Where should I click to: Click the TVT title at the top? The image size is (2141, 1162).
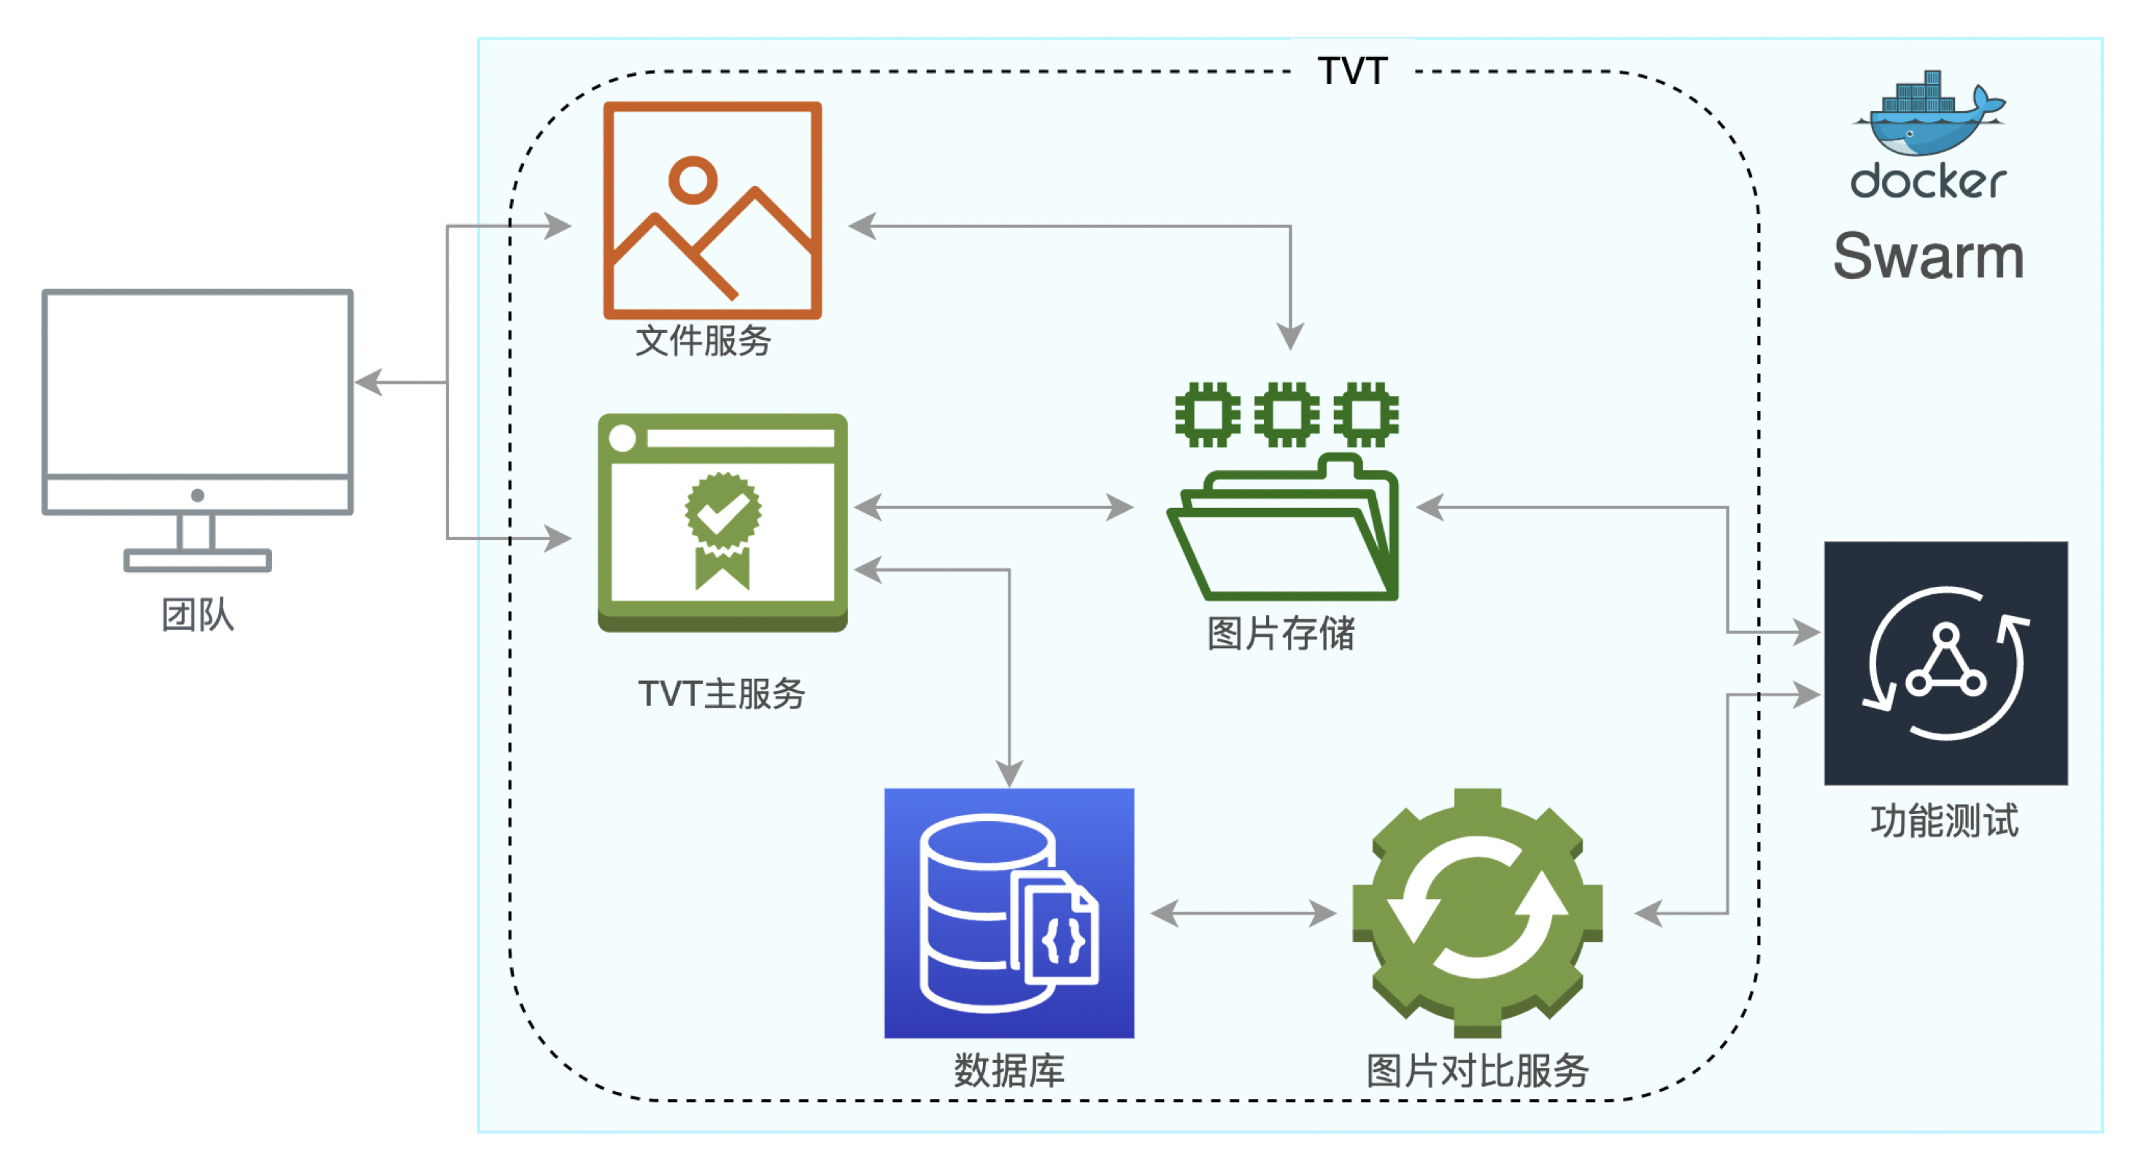click(x=1352, y=72)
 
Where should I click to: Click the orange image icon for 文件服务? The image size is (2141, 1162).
click(x=712, y=210)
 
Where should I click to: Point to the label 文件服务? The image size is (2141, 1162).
click(x=703, y=341)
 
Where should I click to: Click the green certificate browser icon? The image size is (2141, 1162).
click(x=722, y=522)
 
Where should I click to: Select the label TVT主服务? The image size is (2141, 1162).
click(x=722, y=693)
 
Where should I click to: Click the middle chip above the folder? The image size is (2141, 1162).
click(x=1286, y=414)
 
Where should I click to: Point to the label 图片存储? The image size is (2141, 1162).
click(x=1281, y=634)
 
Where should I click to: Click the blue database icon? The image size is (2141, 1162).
click(x=1009, y=912)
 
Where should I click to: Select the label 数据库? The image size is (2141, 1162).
click(x=1009, y=1071)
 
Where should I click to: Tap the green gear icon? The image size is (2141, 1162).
click(x=1477, y=912)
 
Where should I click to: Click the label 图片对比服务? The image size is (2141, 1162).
click(x=1477, y=1071)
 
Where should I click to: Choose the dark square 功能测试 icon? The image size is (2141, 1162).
click(x=1945, y=663)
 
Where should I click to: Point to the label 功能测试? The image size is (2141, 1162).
click(x=1944, y=821)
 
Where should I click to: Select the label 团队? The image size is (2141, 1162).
click(x=198, y=615)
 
